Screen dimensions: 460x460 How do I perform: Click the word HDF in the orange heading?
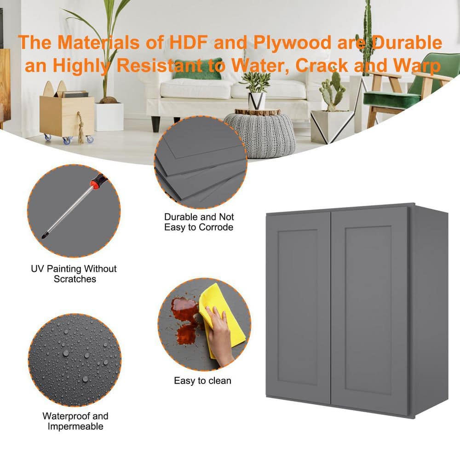(x=189, y=42)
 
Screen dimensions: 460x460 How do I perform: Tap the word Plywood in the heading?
(x=292, y=43)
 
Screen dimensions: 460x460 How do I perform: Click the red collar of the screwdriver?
(x=94, y=184)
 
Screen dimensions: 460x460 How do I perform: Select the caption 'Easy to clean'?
(x=202, y=380)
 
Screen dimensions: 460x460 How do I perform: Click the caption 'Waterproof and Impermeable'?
(x=75, y=421)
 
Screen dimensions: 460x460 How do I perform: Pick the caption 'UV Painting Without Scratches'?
(x=74, y=274)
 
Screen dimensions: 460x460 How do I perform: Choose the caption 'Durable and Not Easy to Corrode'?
(x=199, y=222)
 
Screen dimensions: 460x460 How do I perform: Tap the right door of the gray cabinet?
(x=369, y=310)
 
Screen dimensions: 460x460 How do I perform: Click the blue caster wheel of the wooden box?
(x=67, y=140)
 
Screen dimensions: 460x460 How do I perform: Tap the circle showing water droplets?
(x=75, y=360)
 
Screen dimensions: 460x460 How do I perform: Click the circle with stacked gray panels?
(x=201, y=162)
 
